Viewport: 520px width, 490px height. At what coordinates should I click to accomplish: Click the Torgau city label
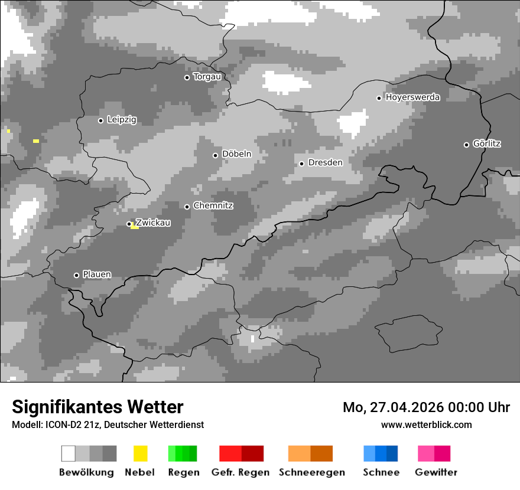(x=207, y=77)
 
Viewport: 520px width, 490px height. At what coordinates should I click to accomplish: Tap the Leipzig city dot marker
(x=100, y=120)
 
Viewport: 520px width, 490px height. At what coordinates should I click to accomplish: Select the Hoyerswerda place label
(x=412, y=97)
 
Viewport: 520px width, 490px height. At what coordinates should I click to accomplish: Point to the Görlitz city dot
(x=466, y=145)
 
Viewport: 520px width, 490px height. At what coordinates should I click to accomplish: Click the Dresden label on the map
(x=325, y=162)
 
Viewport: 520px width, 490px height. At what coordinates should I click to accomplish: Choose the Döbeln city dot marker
(x=215, y=155)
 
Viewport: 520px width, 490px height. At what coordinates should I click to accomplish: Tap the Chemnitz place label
(x=213, y=206)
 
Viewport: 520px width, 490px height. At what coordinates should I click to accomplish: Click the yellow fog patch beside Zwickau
(x=135, y=227)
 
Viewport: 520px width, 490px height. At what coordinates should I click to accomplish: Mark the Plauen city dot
(x=76, y=275)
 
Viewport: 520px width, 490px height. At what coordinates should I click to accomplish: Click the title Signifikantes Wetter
(x=97, y=407)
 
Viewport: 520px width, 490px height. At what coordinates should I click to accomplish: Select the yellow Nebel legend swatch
(x=140, y=453)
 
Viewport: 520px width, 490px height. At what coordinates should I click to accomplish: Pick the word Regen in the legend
(x=183, y=472)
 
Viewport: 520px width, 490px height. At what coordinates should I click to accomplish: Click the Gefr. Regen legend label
(x=240, y=472)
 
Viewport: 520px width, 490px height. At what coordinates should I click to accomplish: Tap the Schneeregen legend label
(x=311, y=472)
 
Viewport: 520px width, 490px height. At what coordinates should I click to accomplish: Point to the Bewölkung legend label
(x=86, y=472)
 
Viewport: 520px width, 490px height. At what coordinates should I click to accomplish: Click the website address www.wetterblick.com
(x=426, y=425)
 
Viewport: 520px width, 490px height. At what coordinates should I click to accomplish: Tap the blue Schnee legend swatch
(x=380, y=453)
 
